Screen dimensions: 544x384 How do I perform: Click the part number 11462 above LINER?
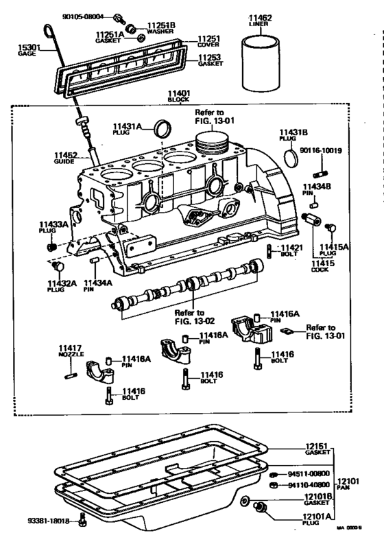tap(261, 16)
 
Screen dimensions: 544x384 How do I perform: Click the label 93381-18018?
tap(49, 521)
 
